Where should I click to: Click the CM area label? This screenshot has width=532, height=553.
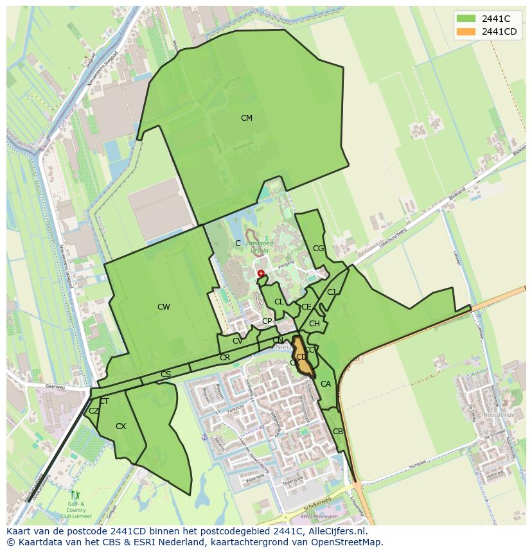click(246, 118)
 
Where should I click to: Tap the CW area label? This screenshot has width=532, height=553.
click(164, 307)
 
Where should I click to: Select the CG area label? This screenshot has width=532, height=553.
click(318, 249)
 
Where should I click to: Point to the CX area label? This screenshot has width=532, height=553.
click(121, 426)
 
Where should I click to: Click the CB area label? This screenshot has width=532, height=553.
click(338, 432)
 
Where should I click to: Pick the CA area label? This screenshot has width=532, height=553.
click(326, 385)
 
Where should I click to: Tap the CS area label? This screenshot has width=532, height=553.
click(166, 374)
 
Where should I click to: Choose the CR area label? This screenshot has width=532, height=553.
click(225, 358)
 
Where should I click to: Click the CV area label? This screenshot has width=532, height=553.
click(238, 341)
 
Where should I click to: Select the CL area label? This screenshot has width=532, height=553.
click(279, 302)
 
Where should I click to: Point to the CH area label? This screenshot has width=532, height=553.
click(314, 324)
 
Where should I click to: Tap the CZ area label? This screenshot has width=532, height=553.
click(94, 411)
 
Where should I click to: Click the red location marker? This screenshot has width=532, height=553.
click(261, 274)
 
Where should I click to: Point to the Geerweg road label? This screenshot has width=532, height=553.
click(56, 387)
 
